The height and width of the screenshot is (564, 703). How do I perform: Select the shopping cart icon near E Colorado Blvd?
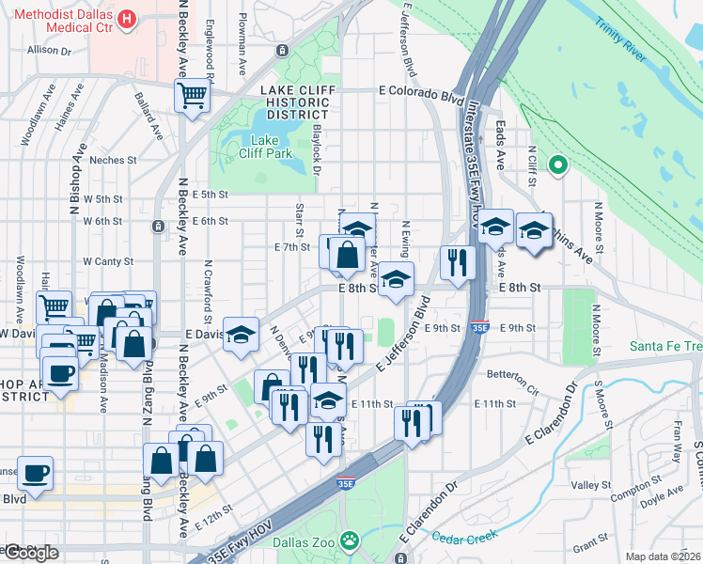(x=192, y=96)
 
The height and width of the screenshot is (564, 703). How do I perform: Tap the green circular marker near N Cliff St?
(x=557, y=165)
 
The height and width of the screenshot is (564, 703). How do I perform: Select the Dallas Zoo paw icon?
(x=350, y=540)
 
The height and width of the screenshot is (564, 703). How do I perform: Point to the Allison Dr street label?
(x=50, y=51)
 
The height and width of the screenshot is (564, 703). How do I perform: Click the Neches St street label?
(x=114, y=160)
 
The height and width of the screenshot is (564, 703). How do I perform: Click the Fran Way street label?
(x=676, y=441)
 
